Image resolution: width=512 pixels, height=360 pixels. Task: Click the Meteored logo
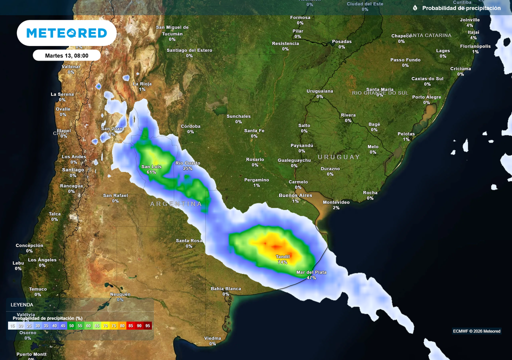[66, 33]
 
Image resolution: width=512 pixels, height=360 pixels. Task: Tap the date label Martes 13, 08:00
[66, 55]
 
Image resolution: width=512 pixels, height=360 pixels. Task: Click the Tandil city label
[282, 256]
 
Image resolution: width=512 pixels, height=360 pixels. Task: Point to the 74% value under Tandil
[282, 262]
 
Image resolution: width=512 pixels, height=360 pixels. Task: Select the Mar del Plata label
[311, 272]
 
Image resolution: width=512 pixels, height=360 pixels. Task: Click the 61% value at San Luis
[151, 172]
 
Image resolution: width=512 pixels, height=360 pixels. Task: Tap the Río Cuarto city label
[188, 163]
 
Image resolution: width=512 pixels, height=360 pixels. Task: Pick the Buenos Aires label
[295, 195]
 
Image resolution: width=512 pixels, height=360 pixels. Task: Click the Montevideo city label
[335, 202]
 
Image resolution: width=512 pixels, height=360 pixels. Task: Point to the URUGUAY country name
[338, 157]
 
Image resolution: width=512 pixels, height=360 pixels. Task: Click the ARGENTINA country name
[176, 204]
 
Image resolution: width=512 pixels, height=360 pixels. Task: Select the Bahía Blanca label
[225, 288]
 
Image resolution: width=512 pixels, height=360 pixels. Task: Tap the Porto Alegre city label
[426, 97]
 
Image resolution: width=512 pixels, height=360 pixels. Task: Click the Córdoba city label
[190, 126]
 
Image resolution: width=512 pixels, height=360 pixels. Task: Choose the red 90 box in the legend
[139, 325]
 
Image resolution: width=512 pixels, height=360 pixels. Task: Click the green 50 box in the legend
[71, 325]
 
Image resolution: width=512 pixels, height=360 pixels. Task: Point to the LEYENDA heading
[22, 304]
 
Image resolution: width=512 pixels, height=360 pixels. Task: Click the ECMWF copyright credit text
[476, 331]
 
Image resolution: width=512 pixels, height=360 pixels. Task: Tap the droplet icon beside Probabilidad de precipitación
[415, 8]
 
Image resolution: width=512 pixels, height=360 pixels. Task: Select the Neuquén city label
[120, 294]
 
